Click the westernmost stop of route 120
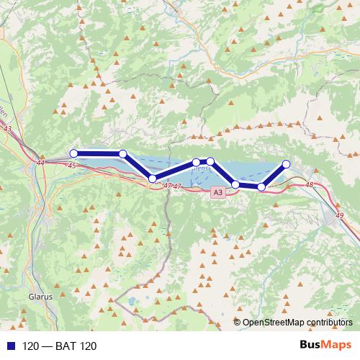click(73, 153)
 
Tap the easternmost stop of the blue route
click(286, 164)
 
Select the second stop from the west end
click(123, 153)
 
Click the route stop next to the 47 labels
click(152, 179)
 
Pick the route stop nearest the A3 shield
click(235, 185)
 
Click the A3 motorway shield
click(218, 193)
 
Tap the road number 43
click(8, 129)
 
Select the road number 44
click(40, 163)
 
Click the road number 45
click(72, 166)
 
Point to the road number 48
click(310, 186)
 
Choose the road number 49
click(329, 215)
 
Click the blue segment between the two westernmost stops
click(99, 153)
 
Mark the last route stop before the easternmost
click(261, 187)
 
